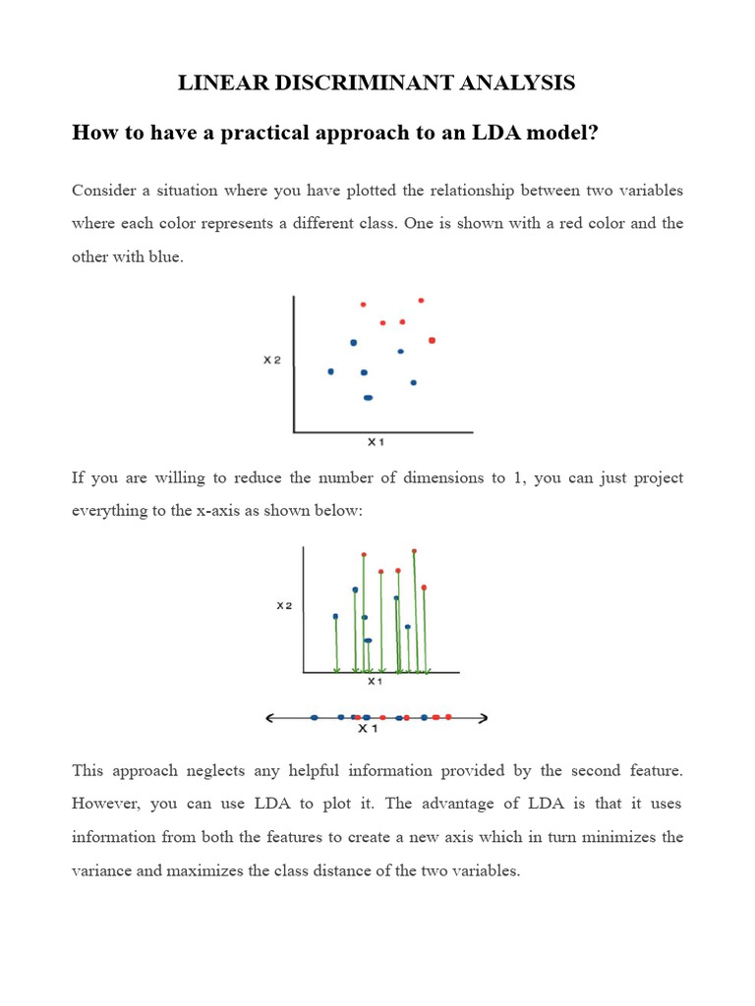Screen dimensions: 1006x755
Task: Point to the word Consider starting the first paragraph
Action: click(x=104, y=190)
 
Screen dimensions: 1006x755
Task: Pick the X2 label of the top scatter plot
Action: click(x=271, y=361)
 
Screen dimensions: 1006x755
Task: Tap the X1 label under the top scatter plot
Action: click(x=376, y=442)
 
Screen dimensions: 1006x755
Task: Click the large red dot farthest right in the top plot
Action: click(x=432, y=340)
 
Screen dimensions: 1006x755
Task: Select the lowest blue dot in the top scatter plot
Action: click(x=368, y=398)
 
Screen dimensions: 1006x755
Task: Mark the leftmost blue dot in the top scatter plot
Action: click(x=330, y=371)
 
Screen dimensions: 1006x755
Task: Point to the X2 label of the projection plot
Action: click(x=284, y=606)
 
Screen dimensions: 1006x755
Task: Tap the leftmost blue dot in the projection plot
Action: click(x=335, y=617)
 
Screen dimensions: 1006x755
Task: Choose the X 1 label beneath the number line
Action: click(x=368, y=730)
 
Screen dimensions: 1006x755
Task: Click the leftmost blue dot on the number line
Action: click(x=314, y=718)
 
